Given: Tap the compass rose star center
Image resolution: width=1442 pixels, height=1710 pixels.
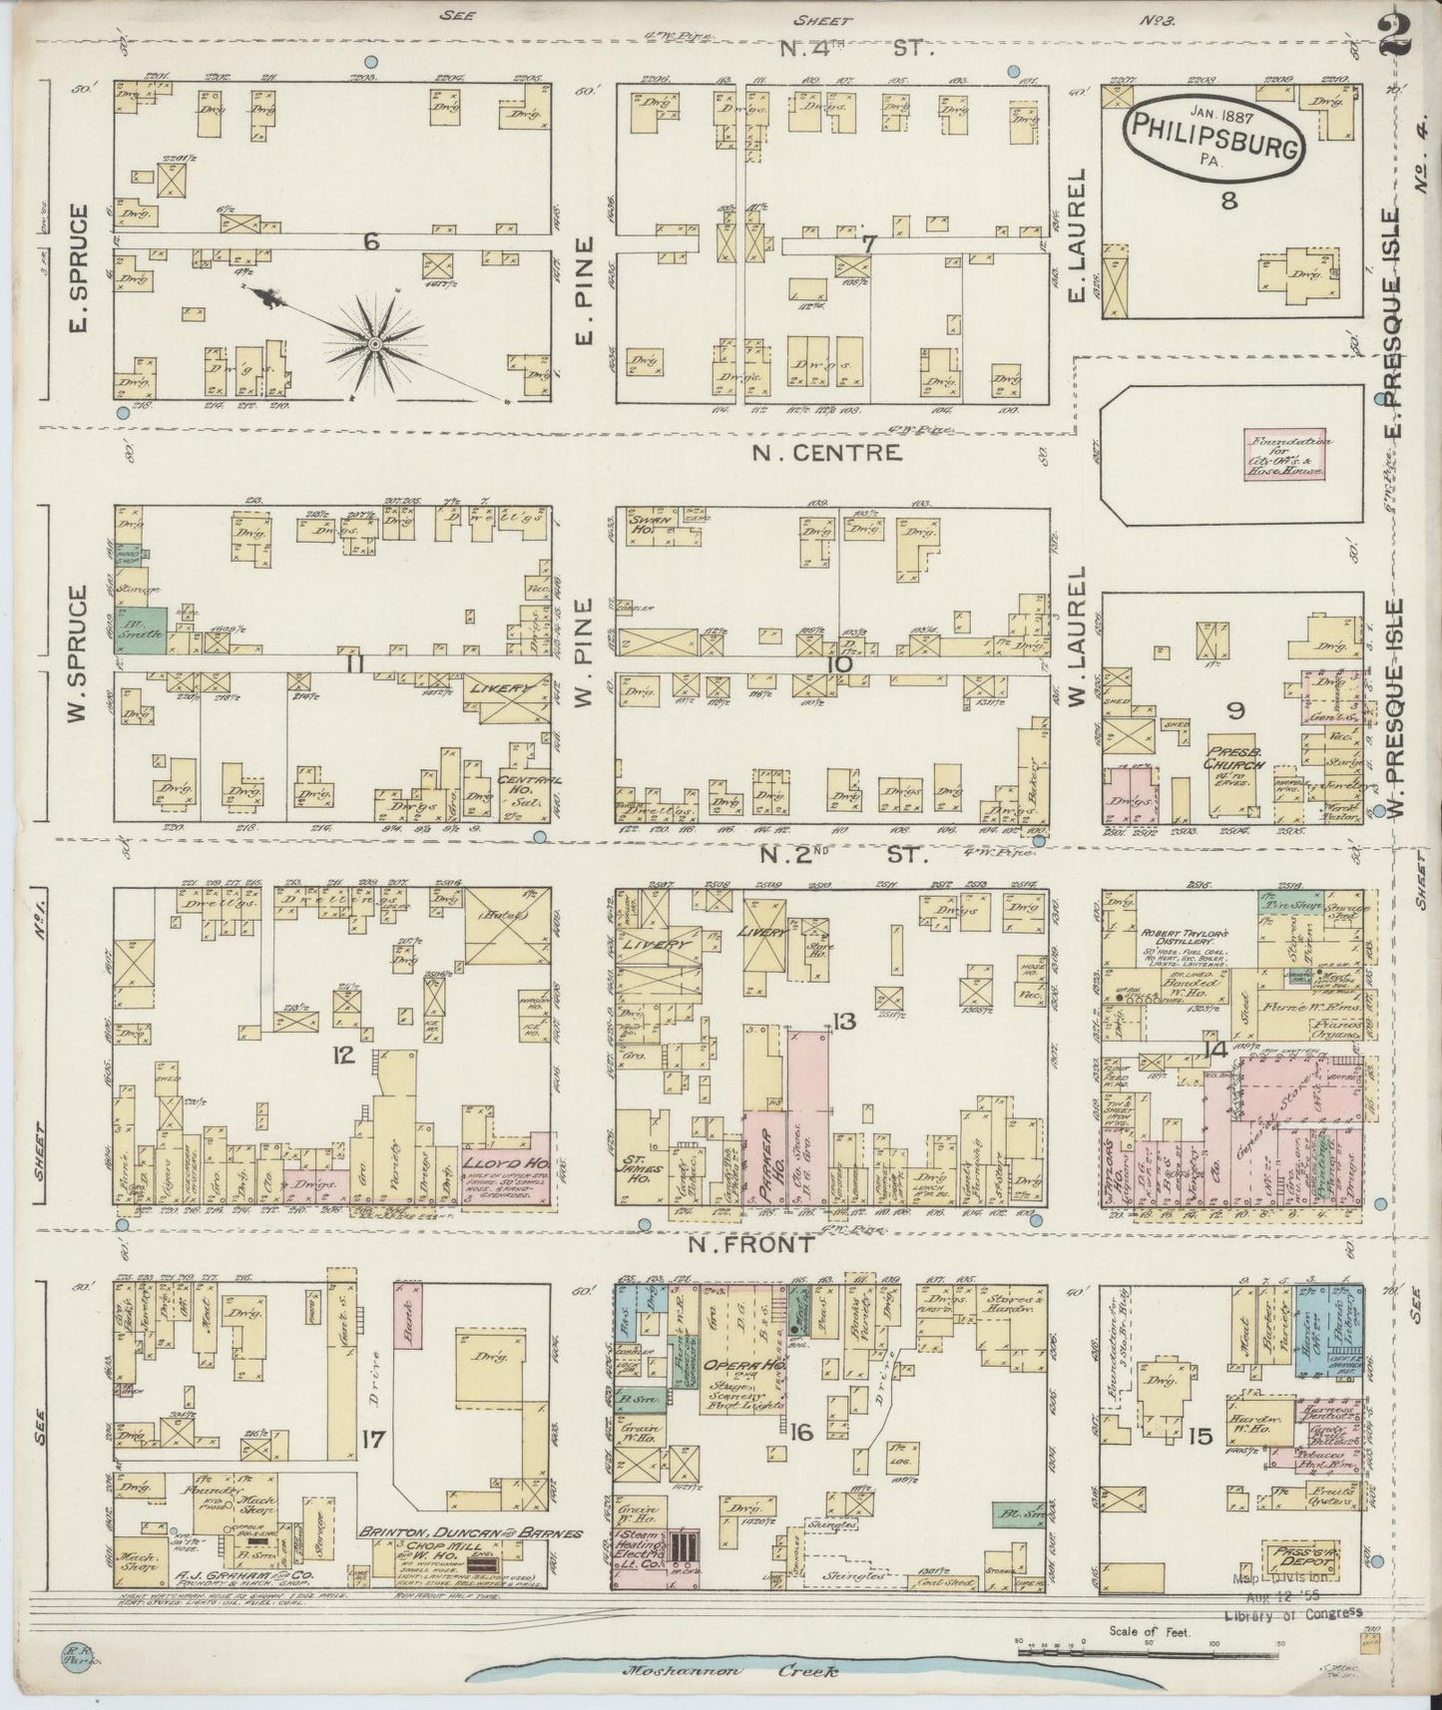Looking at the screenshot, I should pyautogui.click(x=375, y=344).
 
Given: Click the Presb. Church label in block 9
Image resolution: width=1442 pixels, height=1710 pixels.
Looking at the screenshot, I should pyautogui.click(x=1233, y=758).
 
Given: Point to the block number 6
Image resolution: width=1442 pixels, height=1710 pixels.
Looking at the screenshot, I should pyautogui.click(x=372, y=239).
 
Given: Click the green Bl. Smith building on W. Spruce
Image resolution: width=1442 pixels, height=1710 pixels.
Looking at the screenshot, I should pyautogui.click(x=145, y=631).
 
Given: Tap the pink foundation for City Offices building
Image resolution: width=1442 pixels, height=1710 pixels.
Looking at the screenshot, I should pyautogui.click(x=1284, y=456).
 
